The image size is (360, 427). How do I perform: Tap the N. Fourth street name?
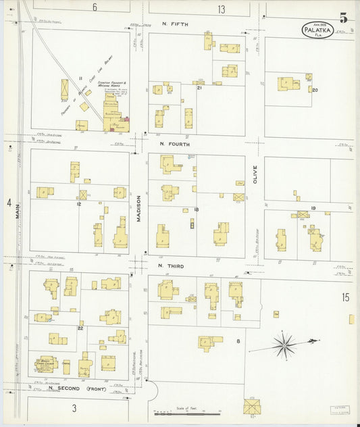pyautogui.click(x=175, y=144)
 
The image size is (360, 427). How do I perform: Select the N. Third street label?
pyautogui.click(x=171, y=266)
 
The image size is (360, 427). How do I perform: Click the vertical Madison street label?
pyautogui.click(x=139, y=209)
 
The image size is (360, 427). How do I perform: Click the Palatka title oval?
pyautogui.click(x=317, y=30)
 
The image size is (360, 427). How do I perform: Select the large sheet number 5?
pyautogui.click(x=343, y=18)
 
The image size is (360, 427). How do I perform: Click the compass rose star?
pyautogui.click(x=285, y=345)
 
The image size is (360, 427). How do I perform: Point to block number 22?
pyautogui.click(x=80, y=328)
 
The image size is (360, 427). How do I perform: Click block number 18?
pyautogui.click(x=196, y=210)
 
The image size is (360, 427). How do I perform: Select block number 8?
pyautogui.click(x=238, y=341)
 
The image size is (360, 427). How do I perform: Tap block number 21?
pyautogui.click(x=199, y=88)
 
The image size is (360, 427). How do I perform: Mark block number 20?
pyautogui.click(x=315, y=90)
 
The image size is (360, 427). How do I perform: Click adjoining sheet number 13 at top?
pyautogui.click(x=221, y=9)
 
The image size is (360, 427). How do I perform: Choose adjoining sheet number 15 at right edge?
pyautogui.click(x=345, y=297)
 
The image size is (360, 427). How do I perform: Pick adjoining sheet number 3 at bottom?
pyautogui.click(x=74, y=407)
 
